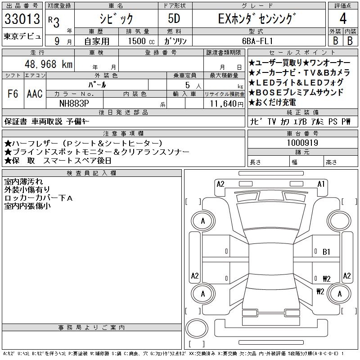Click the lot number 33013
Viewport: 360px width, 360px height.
point(22,19)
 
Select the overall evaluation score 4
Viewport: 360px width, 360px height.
point(343,19)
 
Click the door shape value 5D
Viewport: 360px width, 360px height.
point(174,19)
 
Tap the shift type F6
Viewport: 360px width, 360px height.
point(12,94)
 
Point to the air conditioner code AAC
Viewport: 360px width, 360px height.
point(34,94)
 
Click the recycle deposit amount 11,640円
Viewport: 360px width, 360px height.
point(224,103)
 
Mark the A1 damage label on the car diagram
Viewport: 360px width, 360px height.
point(321,184)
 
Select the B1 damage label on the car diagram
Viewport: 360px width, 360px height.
point(327,252)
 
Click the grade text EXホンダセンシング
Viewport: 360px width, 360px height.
point(257,19)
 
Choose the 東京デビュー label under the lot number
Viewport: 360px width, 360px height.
point(22,36)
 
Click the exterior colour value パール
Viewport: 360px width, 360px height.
point(106,84)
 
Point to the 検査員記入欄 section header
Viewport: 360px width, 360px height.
point(91,173)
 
